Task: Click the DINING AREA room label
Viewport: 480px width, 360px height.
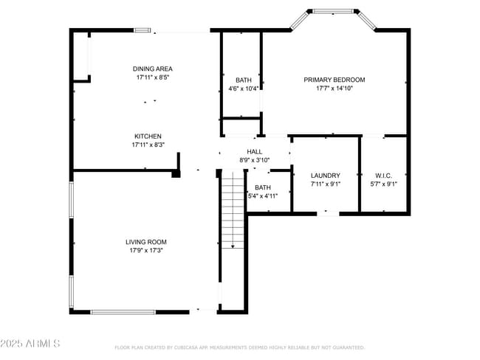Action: click(153, 69)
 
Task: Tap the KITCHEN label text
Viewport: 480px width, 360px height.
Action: click(148, 136)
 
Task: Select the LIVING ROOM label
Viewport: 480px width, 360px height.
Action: click(145, 242)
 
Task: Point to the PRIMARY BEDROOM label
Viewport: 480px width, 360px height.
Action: click(334, 80)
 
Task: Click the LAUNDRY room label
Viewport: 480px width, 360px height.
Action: click(325, 176)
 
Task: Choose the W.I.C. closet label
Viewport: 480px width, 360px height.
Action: click(383, 176)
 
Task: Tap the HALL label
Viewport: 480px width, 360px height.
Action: click(255, 151)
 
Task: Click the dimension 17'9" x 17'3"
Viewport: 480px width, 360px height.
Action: click(145, 251)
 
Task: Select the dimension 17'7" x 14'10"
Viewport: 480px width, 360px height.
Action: click(334, 89)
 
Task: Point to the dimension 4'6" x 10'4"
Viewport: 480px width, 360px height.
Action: click(243, 89)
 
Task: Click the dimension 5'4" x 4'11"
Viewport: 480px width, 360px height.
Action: click(263, 196)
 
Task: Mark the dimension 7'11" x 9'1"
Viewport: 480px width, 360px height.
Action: click(325, 184)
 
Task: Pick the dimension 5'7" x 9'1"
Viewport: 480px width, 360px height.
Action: click(383, 184)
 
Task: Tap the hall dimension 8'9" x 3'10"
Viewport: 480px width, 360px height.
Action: click(255, 160)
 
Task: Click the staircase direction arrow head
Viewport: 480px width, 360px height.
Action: click(233, 246)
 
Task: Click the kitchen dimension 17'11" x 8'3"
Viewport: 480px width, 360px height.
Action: click(148, 145)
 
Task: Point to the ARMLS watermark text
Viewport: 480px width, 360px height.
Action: click(30, 345)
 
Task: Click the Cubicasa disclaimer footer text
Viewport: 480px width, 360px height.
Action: click(239, 347)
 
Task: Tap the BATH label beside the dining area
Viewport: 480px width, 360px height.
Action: click(243, 80)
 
